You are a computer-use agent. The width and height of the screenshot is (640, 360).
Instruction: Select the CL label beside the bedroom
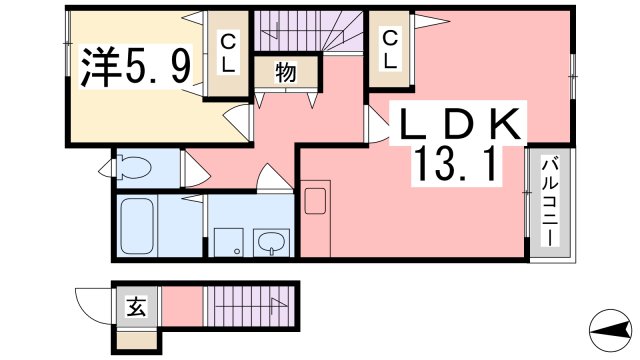(x=228, y=53)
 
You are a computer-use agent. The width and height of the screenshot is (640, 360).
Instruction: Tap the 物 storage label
(x=285, y=73)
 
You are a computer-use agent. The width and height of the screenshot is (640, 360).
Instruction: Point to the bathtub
(x=135, y=226)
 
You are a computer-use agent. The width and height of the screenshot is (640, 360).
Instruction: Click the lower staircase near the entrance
(x=250, y=305)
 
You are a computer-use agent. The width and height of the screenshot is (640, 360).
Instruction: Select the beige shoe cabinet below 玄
(x=136, y=339)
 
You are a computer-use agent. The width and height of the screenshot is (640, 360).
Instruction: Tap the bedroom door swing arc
(x=238, y=121)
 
